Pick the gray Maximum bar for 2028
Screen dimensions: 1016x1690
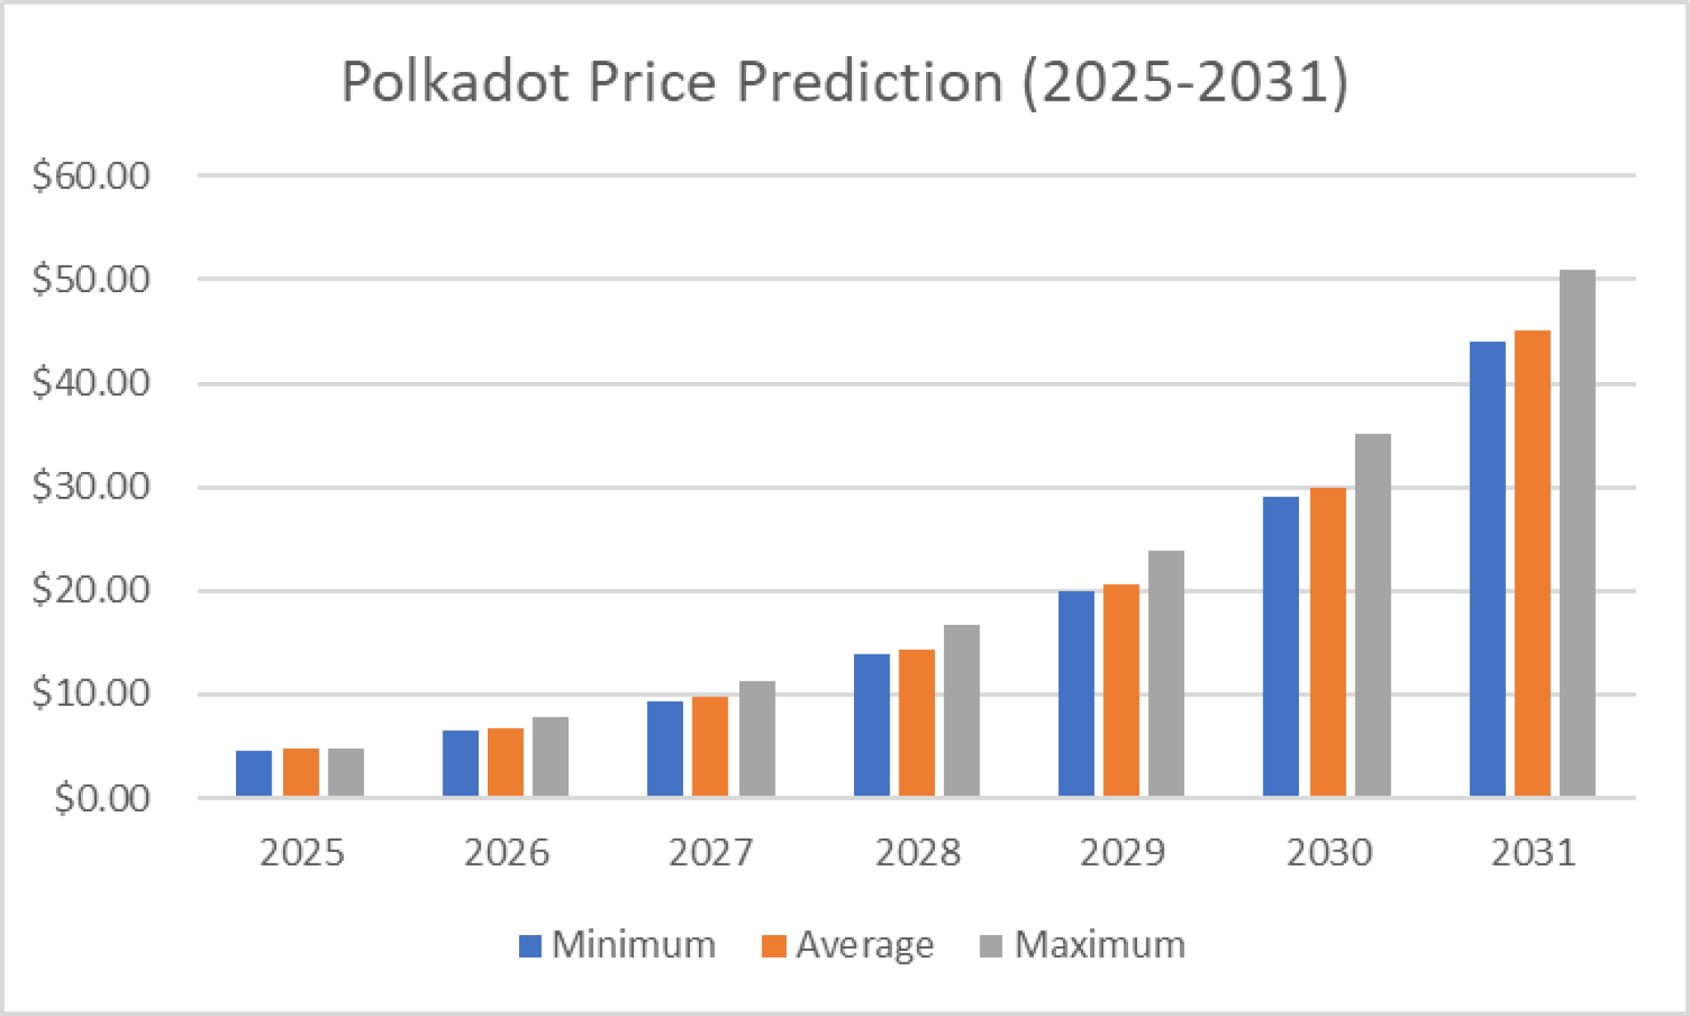tap(962, 711)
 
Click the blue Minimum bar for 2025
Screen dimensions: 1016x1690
tap(254, 773)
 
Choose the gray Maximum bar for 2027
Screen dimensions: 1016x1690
tap(757, 739)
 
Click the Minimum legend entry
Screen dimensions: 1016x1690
tap(617, 945)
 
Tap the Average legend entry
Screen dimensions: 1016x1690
tap(848, 945)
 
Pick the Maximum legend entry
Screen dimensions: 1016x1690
tap(1083, 945)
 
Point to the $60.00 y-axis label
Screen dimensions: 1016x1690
tap(91, 176)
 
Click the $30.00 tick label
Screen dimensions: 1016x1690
tap(91, 486)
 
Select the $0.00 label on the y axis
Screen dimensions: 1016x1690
tap(101, 798)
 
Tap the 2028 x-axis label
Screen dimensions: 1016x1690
tap(918, 853)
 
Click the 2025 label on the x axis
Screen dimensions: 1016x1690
tap(301, 853)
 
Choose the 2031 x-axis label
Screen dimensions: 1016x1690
tap(1533, 853)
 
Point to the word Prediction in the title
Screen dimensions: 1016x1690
tap(869, 82)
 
